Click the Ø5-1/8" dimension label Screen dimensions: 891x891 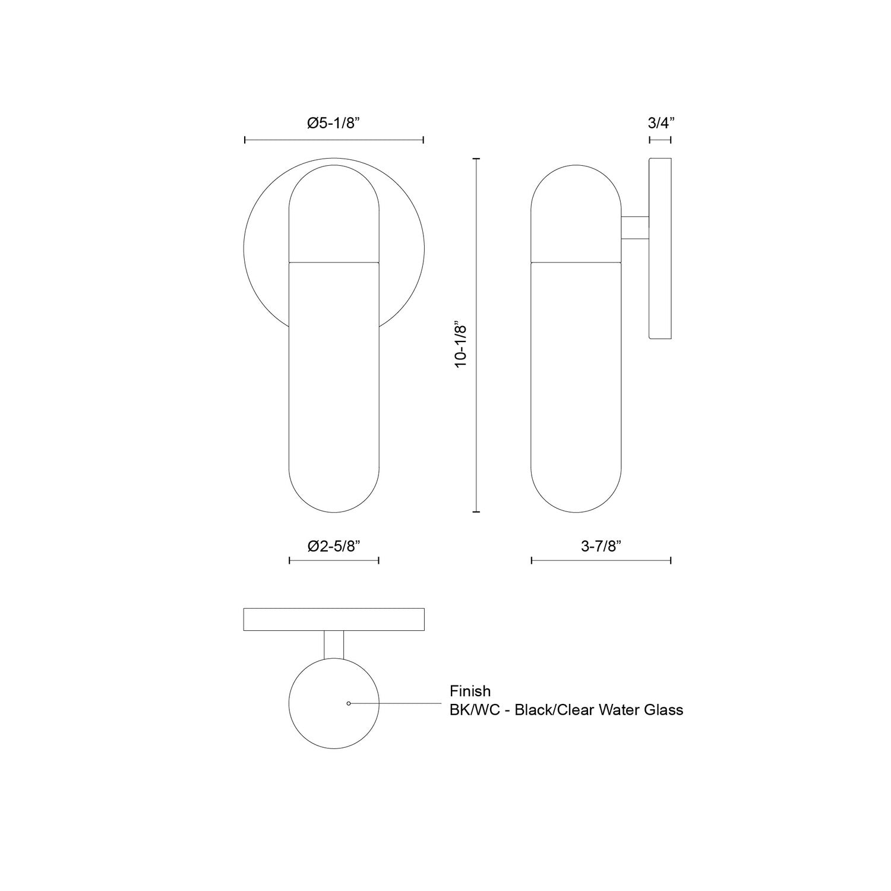tap(334, 124)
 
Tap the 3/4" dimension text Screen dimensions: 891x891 tap(661, 124)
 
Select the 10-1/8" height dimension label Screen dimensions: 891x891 tap(462, 346)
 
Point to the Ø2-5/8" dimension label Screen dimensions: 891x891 tap(334, 546)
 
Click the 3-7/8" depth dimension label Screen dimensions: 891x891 tap(601, 546)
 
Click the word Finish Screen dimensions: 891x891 tap(470, 691)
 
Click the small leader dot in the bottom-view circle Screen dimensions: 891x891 tap(349, 703)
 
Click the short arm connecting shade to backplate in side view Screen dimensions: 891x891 tap(635, 228)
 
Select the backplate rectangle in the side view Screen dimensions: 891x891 tap(660, 248)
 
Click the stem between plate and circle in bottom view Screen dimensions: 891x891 tap(334, 644)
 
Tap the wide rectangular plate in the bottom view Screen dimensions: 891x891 tap(334, 620)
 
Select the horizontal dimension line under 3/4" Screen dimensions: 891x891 tap(660, 140)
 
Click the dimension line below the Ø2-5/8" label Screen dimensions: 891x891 tap(334, 560)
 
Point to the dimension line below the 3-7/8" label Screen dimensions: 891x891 tap(601, 560)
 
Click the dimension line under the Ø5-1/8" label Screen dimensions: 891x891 tap(334, 140)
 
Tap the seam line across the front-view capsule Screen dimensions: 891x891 tap(334, 261)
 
